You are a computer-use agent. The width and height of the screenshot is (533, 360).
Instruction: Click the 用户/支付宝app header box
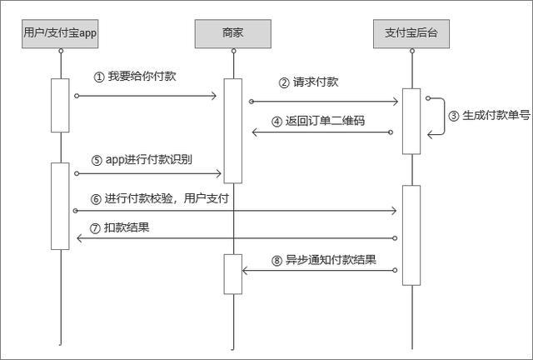pyautogui.click(x=60, y=33)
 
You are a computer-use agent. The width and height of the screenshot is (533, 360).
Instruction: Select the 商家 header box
pyautogui.click(x=233, y=33)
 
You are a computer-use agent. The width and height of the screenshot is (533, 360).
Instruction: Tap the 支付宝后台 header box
pyautogui.click(x=411, y=33)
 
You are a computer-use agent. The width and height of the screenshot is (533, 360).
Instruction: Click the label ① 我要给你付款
pyautogui.click(x=135, y=77)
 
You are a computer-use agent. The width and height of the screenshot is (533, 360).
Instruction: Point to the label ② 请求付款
pyautogui.click(x=308, y=82)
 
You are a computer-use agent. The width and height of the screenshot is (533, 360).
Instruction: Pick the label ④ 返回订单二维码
pyautogui.click(x=318, y=121)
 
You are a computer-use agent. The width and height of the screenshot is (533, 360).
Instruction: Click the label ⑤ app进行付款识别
pyautogui.click(x=142, y=161)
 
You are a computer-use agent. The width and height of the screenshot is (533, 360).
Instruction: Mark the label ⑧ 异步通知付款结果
pyautogui.click(x=323, y=259)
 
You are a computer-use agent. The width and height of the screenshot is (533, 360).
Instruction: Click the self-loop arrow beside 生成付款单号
pyautogui.click(x=436, y=116)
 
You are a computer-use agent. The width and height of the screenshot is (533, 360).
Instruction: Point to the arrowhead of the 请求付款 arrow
pyautogui.click(x=396, y=102)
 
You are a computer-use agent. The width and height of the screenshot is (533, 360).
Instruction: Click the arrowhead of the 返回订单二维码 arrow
pyautogui.click(x=257, y=132)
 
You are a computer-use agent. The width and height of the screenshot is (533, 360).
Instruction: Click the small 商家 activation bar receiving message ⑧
pyautogui.click(x=233, y=274)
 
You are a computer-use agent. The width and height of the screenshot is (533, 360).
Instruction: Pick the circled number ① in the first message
pyautogui.click(x=99, y=77)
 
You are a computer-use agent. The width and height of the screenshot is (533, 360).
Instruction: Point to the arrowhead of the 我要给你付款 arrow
pyautogui.click(x=213, y=96)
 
